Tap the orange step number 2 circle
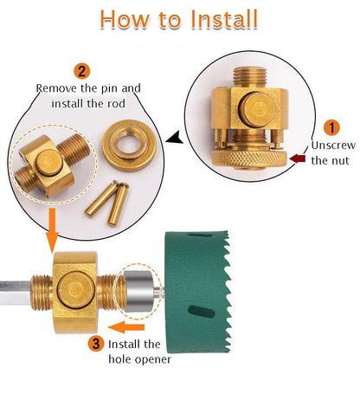pyautogui.click(x=81, y=71)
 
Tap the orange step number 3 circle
pyautogui.click(x=96, y=343)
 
